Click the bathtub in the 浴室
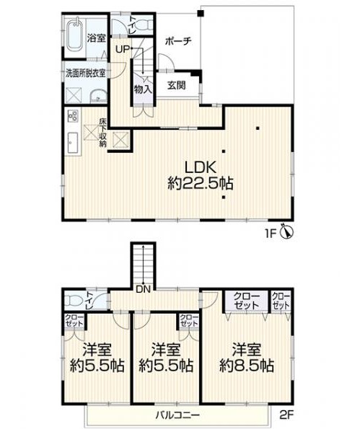(x=74, y=35)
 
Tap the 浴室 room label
(x=97, y=38)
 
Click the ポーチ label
(x=179, y=42)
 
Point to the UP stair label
(x=122, y=50)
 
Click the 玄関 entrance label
(x=176, y=85)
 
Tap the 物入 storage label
(x=143, y=89)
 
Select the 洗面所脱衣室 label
(x=86, y=73)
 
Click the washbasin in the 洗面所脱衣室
(x=98, y=97)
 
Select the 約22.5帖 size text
(x=201, y=183)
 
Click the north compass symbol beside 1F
(x=287, y=232)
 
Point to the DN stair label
(x=144, y=289)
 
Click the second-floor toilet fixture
(x=74, y=301)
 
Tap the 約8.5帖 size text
(x=247, y=365)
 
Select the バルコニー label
(x=177, y=415)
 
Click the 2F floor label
(x=286, y=415)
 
